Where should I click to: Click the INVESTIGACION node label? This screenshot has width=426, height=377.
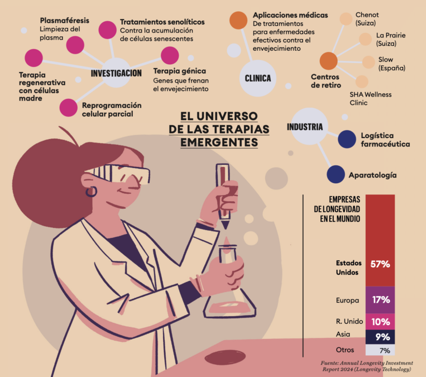point(116,74)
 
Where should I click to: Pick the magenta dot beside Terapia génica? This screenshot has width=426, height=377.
point(169,55)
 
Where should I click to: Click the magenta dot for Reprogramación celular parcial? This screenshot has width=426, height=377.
point(68,107)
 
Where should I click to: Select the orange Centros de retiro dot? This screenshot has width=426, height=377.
point(328,60)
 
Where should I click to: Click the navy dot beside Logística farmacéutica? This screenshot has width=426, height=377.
point(347,139)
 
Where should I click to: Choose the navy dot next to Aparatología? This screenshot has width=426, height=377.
point(336,175)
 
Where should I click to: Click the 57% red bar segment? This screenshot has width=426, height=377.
point(380,240)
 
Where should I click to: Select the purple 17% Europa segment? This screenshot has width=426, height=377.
point(380,299)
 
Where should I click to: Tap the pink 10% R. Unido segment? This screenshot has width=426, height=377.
point(380,321)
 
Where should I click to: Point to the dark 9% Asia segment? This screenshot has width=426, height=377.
point(380,337)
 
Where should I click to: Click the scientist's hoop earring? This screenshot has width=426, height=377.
point(90,192)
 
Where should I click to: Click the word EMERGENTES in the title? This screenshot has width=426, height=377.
point(219,142)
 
